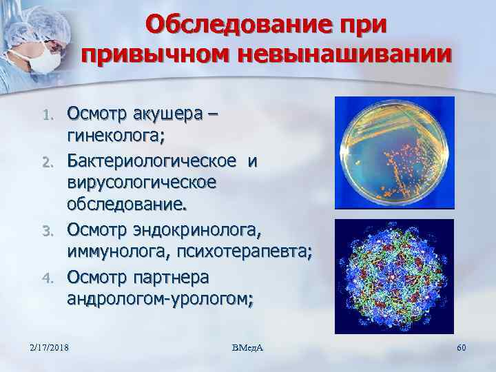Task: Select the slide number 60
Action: coord(462,347)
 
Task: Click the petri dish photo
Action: coord(394,152)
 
